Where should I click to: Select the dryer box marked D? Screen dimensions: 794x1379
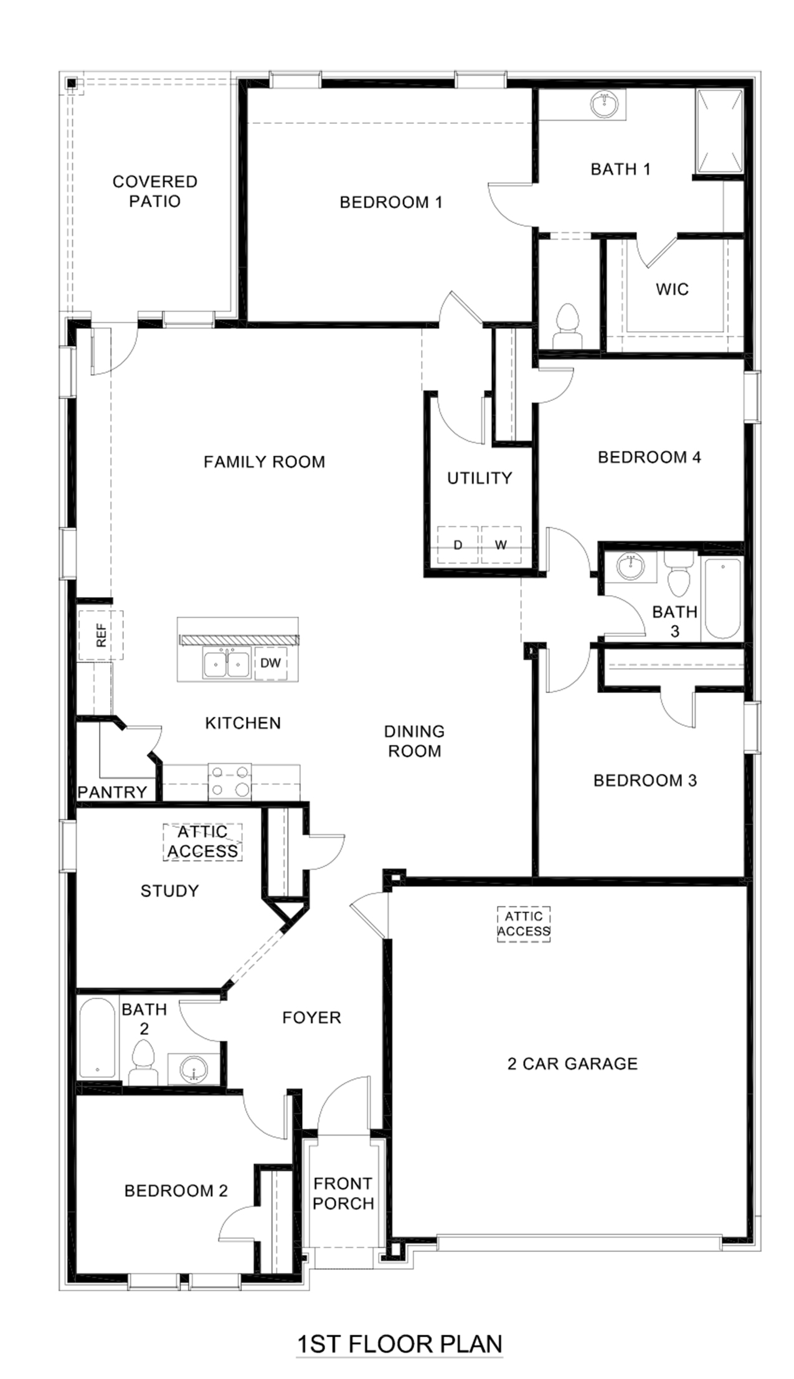[458, 545]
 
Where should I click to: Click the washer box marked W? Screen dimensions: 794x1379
[501, 545]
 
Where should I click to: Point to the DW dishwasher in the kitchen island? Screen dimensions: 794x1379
[270, 663]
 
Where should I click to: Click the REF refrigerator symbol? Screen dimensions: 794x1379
[101, 635]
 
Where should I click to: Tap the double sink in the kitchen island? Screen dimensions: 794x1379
[227, 663]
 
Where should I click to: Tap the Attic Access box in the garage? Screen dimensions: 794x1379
[524, 924]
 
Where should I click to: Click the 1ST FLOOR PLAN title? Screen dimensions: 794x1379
[399, 1344]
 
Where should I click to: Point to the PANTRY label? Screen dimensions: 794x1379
[112, 792]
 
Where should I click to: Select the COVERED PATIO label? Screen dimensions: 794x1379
[155, 191]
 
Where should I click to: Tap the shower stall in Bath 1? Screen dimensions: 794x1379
[719, 131]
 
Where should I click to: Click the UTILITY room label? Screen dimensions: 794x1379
[480, 478]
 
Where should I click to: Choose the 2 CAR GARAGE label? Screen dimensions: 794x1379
[572, 1063]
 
